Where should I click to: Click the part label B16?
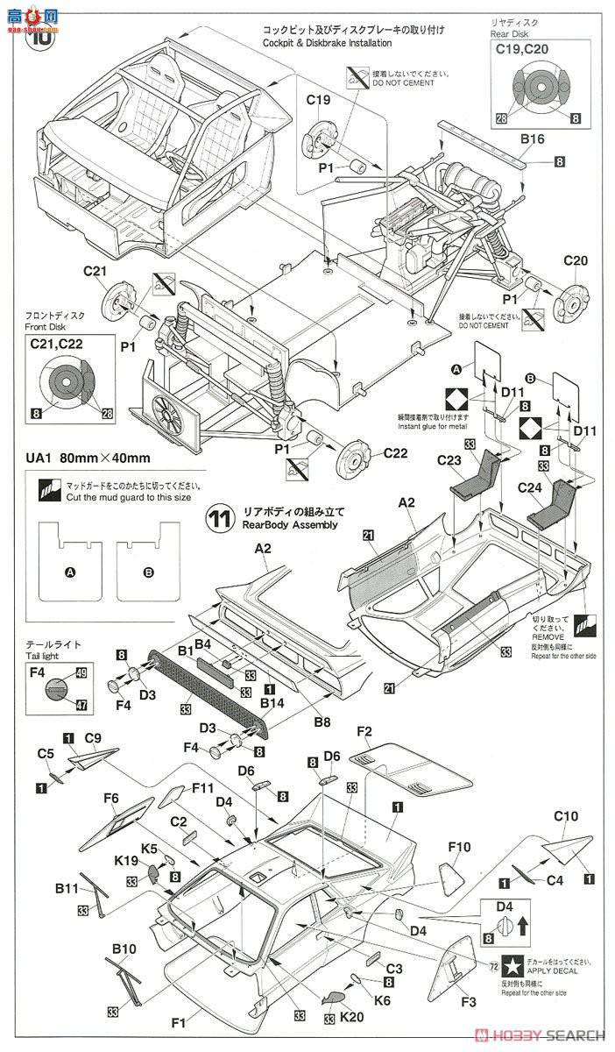(x=532, y=140)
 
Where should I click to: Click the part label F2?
(x=365, y=732)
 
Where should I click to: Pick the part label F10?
(x=460, y=848)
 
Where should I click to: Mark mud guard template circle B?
(x=148, y=572)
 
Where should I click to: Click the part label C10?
(x=565, y=816)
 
